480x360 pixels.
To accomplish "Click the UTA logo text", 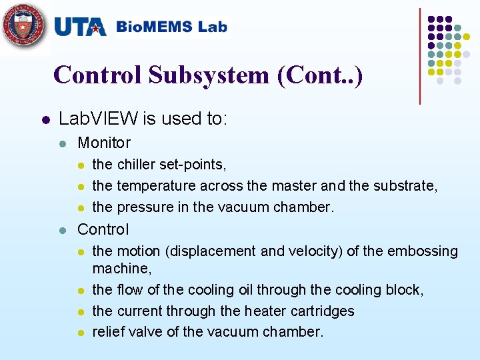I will click(80, 27).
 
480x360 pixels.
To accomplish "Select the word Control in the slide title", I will click(97, 75).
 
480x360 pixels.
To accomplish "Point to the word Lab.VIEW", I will click(99, 119).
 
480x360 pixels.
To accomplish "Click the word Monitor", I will click(104, 142).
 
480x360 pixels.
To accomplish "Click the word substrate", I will click(407, 185).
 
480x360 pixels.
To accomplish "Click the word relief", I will click(108, 331).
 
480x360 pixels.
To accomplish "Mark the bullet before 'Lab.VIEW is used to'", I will click(45, 120).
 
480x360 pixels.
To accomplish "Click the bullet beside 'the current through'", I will click(81, 311).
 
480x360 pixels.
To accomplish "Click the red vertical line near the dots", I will click(420, 56).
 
